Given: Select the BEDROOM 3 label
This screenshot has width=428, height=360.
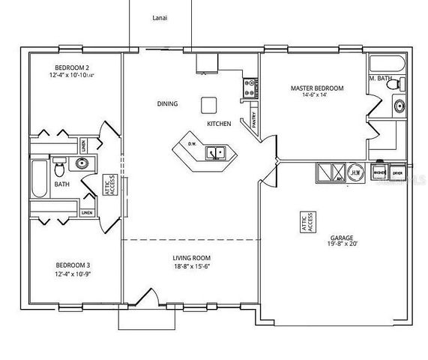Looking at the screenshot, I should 73,265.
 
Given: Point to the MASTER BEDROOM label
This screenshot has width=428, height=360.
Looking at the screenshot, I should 317,88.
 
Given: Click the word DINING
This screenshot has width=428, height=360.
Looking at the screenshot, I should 167,103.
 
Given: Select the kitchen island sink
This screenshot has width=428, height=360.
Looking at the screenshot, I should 218,153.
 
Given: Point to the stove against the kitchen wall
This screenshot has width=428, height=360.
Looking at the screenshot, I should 248,88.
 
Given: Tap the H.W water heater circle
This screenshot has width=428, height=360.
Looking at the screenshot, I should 355,172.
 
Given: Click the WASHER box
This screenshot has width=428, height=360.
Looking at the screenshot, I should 380,172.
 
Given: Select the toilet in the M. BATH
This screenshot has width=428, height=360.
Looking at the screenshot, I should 391,85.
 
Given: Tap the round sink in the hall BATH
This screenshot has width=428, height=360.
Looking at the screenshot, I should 82,163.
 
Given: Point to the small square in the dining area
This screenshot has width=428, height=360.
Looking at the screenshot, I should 208,103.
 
